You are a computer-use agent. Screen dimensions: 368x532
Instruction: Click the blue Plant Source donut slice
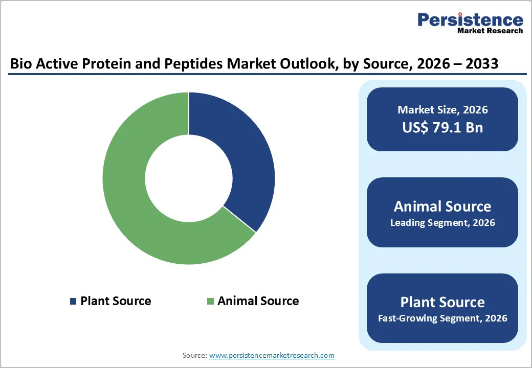tap(240, 153)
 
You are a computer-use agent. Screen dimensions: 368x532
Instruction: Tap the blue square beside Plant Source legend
tap(73, 302)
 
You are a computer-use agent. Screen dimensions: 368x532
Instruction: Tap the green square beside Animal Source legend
tap(210, 302)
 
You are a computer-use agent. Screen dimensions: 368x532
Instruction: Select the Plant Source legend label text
tap(116, 301)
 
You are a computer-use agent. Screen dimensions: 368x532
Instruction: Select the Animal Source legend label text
tap(258, 301)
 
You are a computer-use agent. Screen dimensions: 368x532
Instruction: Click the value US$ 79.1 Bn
tap(442, 127)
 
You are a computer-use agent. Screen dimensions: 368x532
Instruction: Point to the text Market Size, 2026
tap(442, 110)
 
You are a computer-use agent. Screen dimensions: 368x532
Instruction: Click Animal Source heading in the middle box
tap(442, 206)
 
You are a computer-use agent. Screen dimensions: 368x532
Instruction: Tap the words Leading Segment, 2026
tap(442, 223)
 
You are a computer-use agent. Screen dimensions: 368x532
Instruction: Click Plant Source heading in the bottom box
tap(442, 302)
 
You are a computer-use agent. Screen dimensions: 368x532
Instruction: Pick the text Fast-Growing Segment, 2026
tap(442, 318)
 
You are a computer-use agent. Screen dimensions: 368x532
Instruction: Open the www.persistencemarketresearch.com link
tap(272, 355)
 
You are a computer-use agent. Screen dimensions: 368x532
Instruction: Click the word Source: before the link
tap(195, 355)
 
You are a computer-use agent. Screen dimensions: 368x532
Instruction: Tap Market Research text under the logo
tap(490, 31)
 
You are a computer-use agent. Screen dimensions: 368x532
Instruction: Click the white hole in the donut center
tap(189, 178)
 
